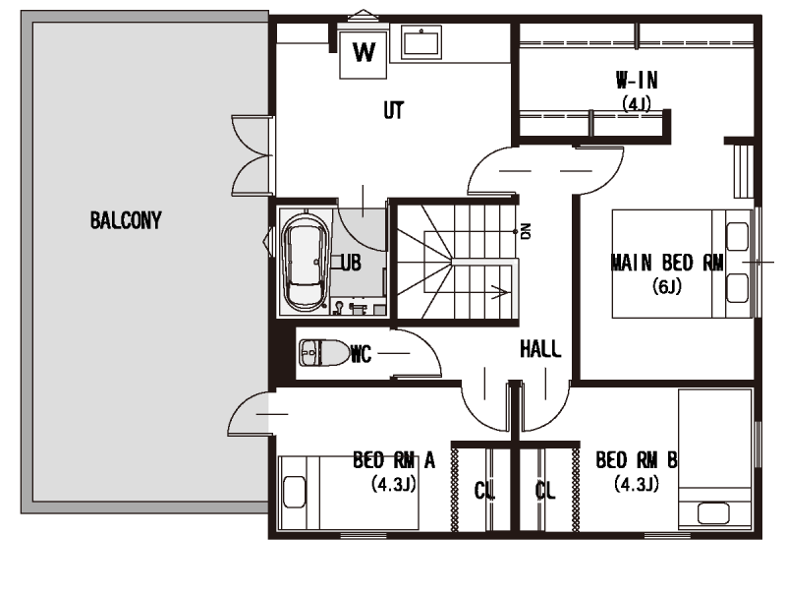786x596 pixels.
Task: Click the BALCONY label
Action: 126,220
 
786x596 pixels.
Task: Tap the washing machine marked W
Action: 363,54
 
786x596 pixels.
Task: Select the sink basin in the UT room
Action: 421,42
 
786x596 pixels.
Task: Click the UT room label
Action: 394,110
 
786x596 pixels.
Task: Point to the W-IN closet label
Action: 637,80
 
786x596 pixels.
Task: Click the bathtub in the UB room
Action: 306,261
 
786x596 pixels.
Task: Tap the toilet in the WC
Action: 324,353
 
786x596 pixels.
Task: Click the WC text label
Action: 361,354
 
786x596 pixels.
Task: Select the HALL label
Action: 540,349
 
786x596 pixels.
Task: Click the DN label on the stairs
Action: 526,231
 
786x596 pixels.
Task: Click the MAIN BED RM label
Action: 667,263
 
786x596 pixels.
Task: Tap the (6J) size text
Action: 667,286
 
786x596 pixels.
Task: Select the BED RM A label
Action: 394,460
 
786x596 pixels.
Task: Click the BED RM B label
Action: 637,460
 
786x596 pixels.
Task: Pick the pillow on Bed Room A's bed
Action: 294,492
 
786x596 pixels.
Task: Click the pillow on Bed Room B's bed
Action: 713,513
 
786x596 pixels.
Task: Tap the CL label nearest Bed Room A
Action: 484,491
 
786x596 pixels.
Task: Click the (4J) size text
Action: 637,104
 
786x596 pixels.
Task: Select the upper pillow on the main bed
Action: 738,236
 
